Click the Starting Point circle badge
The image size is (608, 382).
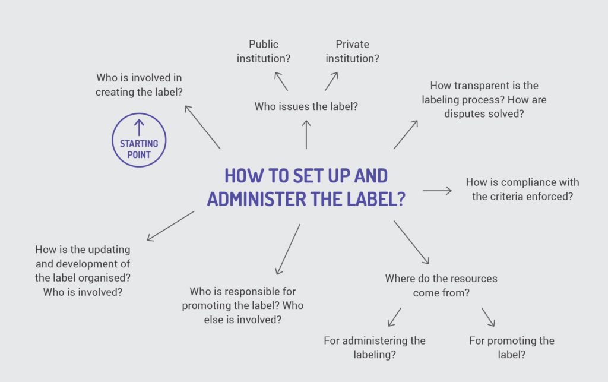(139, 140)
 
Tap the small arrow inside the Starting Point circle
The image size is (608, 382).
(139, 127)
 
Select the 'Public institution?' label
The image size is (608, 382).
(264, 51)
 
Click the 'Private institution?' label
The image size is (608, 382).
(352, 51)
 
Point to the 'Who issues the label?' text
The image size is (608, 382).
(306, 106)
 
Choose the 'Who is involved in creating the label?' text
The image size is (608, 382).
(139, 84)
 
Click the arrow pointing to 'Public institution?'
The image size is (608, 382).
(281, 81)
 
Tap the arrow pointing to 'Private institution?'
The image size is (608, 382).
(331, 81)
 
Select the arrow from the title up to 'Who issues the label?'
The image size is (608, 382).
(306, 134)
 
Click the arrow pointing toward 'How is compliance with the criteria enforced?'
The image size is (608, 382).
(437, 191)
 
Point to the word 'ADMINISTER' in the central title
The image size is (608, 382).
(256, 199)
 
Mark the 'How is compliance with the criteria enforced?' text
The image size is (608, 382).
(522, 189)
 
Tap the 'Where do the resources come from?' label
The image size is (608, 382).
(441, 285)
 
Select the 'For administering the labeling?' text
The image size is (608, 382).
(375, 348)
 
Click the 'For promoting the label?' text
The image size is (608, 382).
(511, 348)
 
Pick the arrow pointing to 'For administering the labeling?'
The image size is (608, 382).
(394, 317)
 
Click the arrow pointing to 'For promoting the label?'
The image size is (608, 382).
(488, 317)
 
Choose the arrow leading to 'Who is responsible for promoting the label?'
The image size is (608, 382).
(288, 249)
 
